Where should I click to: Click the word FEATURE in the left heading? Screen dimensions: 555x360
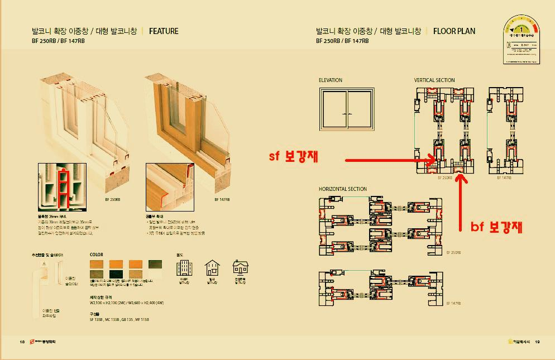tap(164, 31)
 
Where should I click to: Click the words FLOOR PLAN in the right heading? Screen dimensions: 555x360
tap(454, 31)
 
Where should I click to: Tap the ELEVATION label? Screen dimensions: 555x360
tap(331, 80)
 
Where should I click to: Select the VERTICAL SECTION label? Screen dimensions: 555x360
tap(434, 80)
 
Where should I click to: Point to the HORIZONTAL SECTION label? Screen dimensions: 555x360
tap(343, 189)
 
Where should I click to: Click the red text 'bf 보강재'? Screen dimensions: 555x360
tap(496, 227)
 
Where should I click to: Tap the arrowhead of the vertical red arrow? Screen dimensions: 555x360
tap(461, 179)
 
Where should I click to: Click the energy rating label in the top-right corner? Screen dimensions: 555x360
tap(524, 42)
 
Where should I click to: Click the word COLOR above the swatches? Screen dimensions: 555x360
tap(97, 255)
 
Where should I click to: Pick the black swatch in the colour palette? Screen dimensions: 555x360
tap(117, 273)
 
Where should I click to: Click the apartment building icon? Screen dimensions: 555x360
tap(184, 268)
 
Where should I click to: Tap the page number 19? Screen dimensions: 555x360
tap(537, 342)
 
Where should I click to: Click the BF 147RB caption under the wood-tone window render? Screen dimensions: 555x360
tap(222, 199)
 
